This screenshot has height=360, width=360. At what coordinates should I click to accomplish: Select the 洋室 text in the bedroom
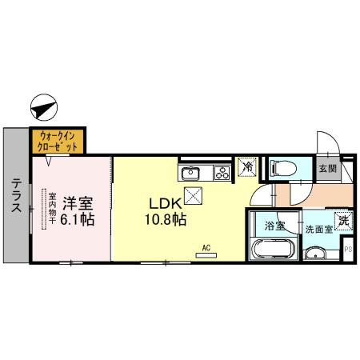tap(75, 202)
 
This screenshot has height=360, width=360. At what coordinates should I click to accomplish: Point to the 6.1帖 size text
tap(75, 218)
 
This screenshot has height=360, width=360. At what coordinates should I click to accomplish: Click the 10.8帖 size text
tap(166, 218)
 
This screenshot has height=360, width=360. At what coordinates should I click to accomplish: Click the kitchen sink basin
tap(190, 172)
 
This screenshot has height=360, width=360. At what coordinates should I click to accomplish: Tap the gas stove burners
tap(222, 171)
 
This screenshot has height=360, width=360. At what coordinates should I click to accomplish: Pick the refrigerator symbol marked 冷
tap(247, 168)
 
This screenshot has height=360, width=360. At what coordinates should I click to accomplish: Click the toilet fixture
tap(281, 169)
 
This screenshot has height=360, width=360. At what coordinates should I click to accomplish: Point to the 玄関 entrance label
tap(327, 169)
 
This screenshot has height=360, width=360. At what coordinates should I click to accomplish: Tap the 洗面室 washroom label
tap(318, 230)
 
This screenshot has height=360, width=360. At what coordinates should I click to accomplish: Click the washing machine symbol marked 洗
tap(343, 220)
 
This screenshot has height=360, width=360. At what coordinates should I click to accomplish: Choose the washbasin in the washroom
tap(316, 254)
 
